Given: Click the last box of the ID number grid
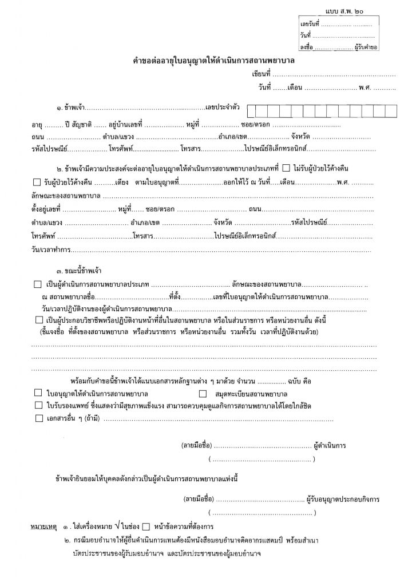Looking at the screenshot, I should [x=393, y=110].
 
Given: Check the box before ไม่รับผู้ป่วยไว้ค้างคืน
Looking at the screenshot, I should [x=286, y=168].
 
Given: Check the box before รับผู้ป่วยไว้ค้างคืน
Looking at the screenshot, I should [x=37, y=182].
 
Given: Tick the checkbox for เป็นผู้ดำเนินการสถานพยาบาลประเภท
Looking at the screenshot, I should [x=38, y=284].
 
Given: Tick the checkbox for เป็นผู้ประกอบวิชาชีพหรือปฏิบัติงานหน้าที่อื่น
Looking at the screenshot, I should [x=38, y=319].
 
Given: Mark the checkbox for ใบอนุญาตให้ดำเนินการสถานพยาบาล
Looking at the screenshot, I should [x=38, y=394].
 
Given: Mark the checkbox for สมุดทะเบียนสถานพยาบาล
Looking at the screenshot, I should [x=203, y=394].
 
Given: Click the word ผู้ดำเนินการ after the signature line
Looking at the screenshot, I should [x=333, y=445].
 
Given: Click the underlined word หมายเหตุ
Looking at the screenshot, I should [x=43, y=525].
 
